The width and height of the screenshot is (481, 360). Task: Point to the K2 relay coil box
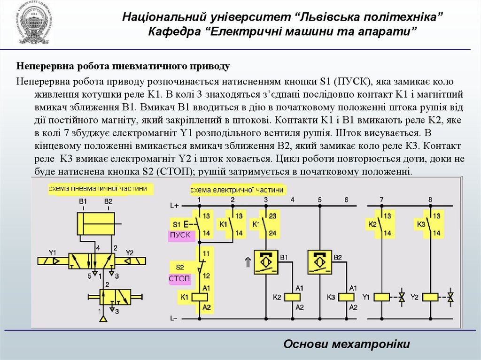(x=294, y=297)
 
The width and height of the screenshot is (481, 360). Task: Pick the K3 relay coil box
(x=347, y=297)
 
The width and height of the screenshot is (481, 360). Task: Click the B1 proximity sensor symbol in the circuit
(x=266, y=262)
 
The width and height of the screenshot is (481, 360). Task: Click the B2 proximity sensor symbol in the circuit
(x=319, y=262)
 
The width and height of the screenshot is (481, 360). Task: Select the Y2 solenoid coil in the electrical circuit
(x=430, y=297)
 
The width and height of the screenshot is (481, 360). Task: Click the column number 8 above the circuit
(x=430, y=200)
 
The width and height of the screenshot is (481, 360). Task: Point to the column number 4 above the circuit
(x=293, y=200)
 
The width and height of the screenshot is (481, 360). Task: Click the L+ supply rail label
(x=174, y=206)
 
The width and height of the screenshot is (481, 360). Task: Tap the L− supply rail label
(x=174, y=318)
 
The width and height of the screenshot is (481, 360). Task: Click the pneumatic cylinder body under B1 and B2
(x=95, y=223)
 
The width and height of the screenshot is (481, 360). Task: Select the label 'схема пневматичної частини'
(x=100, y=189)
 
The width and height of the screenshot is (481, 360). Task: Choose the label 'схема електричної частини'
(x=237, y=190)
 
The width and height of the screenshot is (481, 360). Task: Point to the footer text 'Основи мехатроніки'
(x=347, y=344)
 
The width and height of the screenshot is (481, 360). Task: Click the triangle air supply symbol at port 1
(x=103, y=319)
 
